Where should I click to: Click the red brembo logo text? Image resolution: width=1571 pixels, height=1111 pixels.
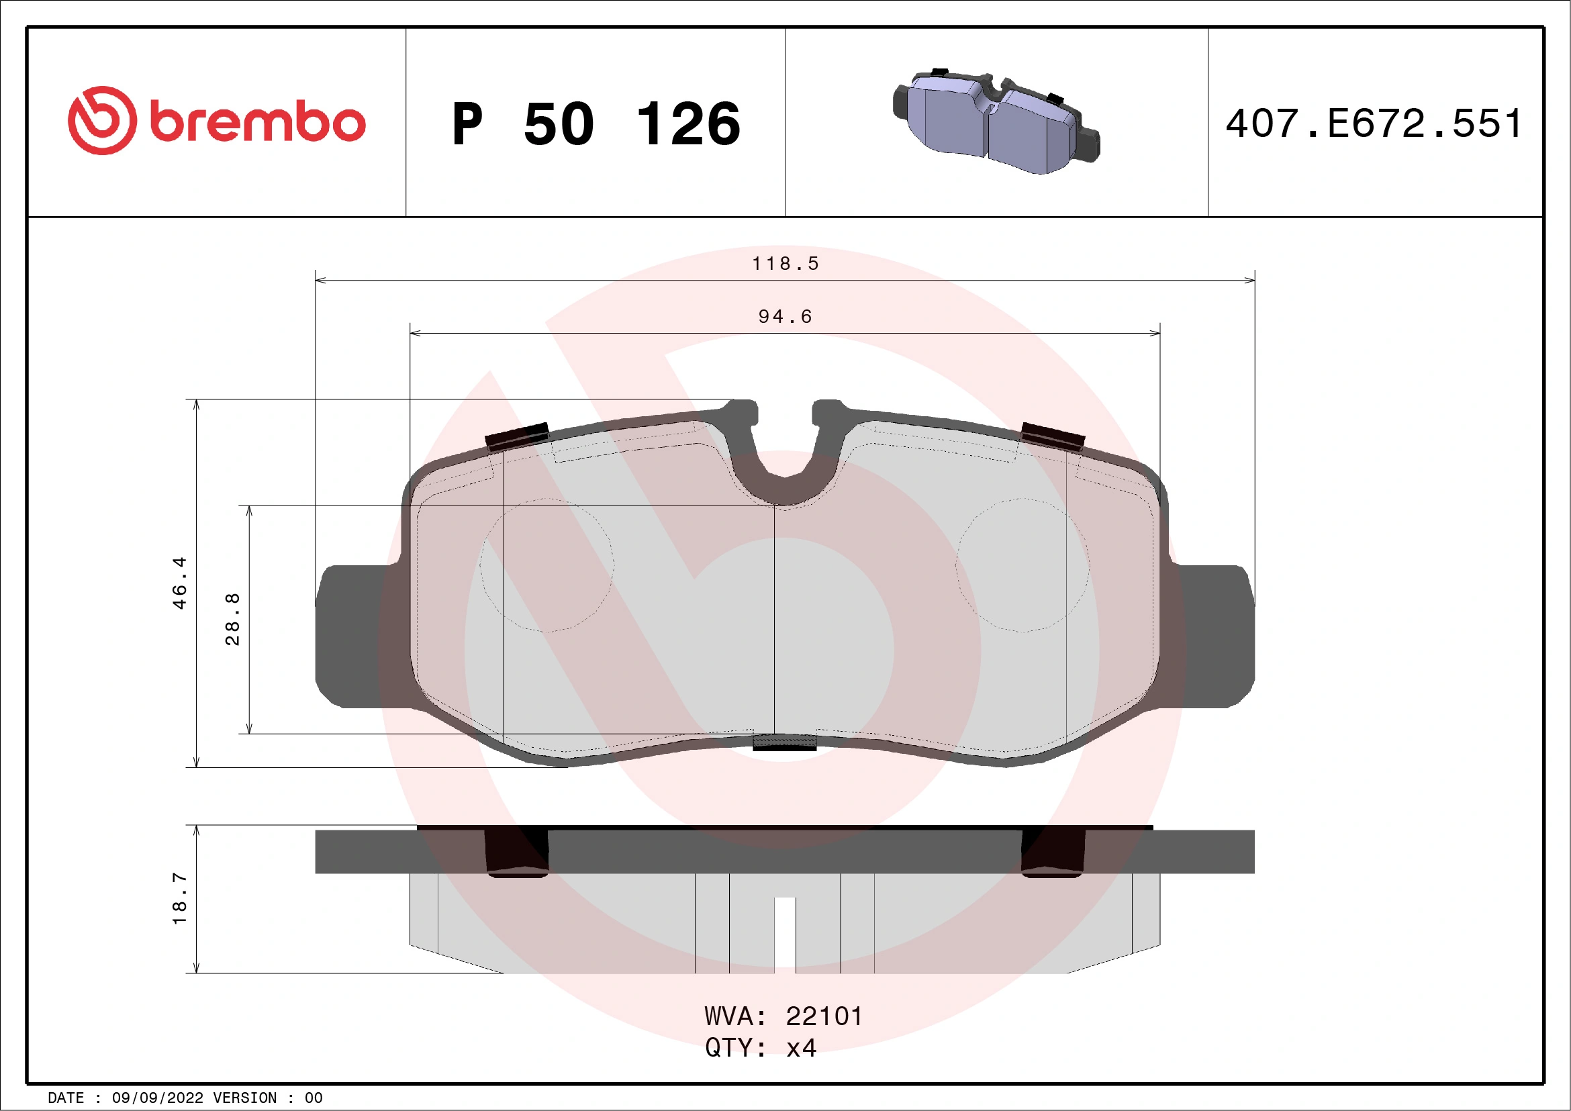point(256,123)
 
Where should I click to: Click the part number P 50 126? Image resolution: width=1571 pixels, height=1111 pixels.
point(596,124)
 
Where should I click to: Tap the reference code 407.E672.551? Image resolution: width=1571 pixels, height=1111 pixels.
point(1373,124)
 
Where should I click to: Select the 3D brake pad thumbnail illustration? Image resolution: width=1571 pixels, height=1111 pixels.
point(996,122)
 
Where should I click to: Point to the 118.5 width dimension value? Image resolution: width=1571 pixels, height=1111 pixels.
point(785,263)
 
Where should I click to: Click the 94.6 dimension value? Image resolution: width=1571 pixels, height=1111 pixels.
point(785,316)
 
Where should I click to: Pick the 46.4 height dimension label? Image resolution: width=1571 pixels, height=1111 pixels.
point(179,582)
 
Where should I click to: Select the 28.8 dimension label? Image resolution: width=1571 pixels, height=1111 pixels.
point(233,619)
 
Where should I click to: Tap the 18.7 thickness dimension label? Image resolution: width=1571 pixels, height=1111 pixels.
point(179,898)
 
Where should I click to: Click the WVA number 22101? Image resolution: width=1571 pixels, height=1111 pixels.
point(824,1016)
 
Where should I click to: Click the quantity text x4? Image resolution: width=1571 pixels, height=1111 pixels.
point(800,1048)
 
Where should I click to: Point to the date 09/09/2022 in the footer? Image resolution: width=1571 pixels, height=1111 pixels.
point(157,1098)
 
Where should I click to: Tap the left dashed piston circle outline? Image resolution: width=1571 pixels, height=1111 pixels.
point(546,565)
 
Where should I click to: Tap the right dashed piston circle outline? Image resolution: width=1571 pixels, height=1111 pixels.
point(1023,565)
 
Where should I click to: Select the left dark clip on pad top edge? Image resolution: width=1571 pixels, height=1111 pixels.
point(516,436)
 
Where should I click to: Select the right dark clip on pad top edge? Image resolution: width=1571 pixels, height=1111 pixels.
point(1052,436)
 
